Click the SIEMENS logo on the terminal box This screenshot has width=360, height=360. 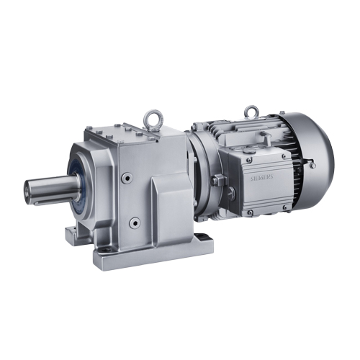(261, 178)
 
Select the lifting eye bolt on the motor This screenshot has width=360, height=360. (250, 113)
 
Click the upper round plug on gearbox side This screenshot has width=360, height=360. (127, 178)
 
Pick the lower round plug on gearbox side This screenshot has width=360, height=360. (135, 223)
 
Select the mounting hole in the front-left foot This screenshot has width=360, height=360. (104, 250)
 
